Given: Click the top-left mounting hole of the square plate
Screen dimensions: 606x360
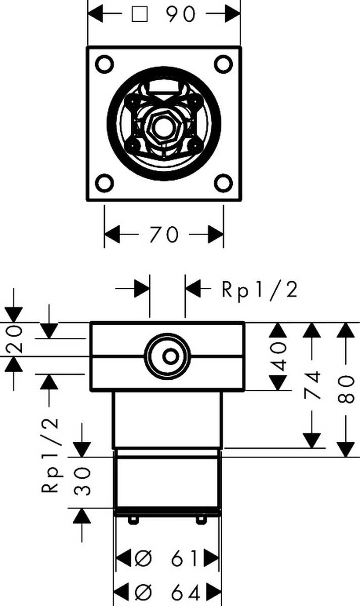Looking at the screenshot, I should pyautogui.click(x=105, y=64).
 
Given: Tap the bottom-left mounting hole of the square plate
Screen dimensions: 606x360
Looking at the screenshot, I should pyautogui.click(x=105, y=182).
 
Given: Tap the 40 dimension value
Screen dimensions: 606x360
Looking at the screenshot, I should pyautogui.click(x=278, y=357).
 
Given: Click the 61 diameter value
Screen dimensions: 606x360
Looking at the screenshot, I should pyautogui.click(x=184, y=559).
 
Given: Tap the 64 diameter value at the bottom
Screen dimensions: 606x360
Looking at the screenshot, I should pyautogui.click(x=184, y=591).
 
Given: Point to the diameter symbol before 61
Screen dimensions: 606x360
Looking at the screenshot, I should pyautogui.click(x=143, y=559).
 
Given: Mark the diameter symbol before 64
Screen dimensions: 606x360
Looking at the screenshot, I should pyautogui.click(x=143, y=591).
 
